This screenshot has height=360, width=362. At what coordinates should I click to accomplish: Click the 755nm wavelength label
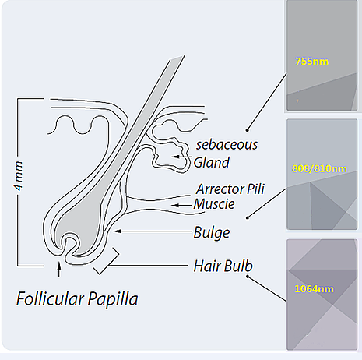311,62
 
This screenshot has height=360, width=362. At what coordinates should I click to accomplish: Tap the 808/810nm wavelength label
319,169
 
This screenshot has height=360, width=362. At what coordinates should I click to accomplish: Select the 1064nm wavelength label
314,289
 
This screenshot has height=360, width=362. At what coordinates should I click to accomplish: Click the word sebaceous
227,144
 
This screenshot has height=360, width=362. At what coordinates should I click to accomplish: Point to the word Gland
212,163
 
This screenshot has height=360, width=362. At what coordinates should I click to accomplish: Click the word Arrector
220,189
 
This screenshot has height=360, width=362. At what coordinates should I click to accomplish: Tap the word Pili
255,189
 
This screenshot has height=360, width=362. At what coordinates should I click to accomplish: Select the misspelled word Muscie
214,204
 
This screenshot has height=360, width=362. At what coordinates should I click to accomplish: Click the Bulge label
212,233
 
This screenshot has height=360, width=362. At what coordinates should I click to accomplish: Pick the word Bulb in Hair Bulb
238,266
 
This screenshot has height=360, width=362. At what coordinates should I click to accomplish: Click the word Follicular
51,299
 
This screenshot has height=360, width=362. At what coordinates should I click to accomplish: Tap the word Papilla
113,299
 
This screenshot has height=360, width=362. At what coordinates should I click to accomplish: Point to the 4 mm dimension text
18,176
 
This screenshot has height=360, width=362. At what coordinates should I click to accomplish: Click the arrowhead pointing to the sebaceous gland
175,157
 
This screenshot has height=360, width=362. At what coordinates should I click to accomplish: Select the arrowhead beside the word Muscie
175,206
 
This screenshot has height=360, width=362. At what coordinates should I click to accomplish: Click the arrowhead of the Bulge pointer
118,231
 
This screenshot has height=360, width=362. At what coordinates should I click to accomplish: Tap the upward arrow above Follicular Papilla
59,270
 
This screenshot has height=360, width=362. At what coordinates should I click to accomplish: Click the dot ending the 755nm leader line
248,130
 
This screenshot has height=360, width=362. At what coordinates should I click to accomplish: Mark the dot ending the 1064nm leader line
248,277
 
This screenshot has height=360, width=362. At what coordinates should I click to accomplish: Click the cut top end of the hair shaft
177,58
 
